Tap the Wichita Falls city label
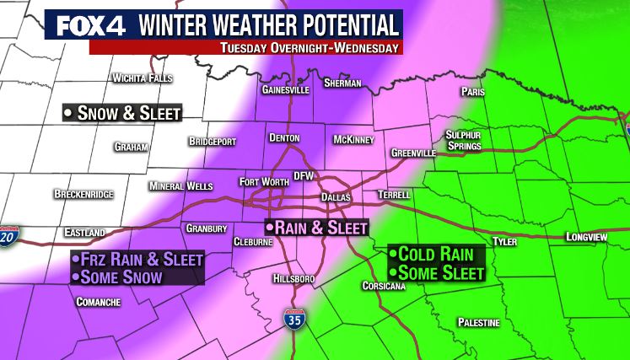pos(142,78)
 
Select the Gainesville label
pos(283,89)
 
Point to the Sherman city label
pos(343,83)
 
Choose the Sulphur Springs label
pos(463,140)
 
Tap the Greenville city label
pos(413,153)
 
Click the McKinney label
pos(353,138)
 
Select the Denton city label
pos(284,137)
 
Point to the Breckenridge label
pos(83,194)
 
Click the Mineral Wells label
pos(181,185)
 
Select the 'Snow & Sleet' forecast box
pos(121,113)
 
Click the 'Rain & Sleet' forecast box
pos(316,228)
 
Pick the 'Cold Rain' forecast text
pos(436,254)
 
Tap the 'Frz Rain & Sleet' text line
pos(137,260)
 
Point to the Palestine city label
pos(478,323)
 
